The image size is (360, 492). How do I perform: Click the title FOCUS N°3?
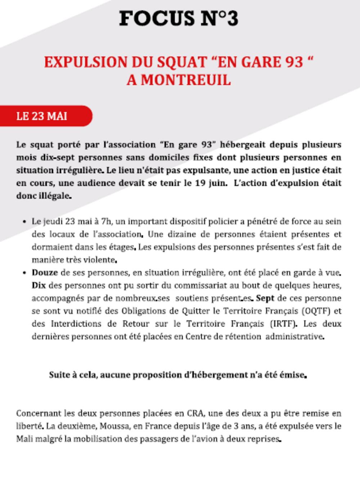click(179, 18)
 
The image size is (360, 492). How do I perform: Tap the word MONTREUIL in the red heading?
click(186, 80)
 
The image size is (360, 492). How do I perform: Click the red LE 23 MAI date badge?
click(46, 116)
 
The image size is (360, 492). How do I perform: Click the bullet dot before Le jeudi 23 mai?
click(24, 222)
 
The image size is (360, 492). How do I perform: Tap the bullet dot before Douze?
click(24, 273)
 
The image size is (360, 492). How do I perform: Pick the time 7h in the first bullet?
click(107, 222)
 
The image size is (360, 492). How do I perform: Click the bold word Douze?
click(45, 273)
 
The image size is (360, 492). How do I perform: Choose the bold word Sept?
click(265, 298)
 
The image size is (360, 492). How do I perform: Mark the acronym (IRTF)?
click(283, 324)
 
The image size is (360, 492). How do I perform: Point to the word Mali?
click(23, 439)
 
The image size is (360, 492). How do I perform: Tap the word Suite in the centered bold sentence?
click(59, 375)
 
